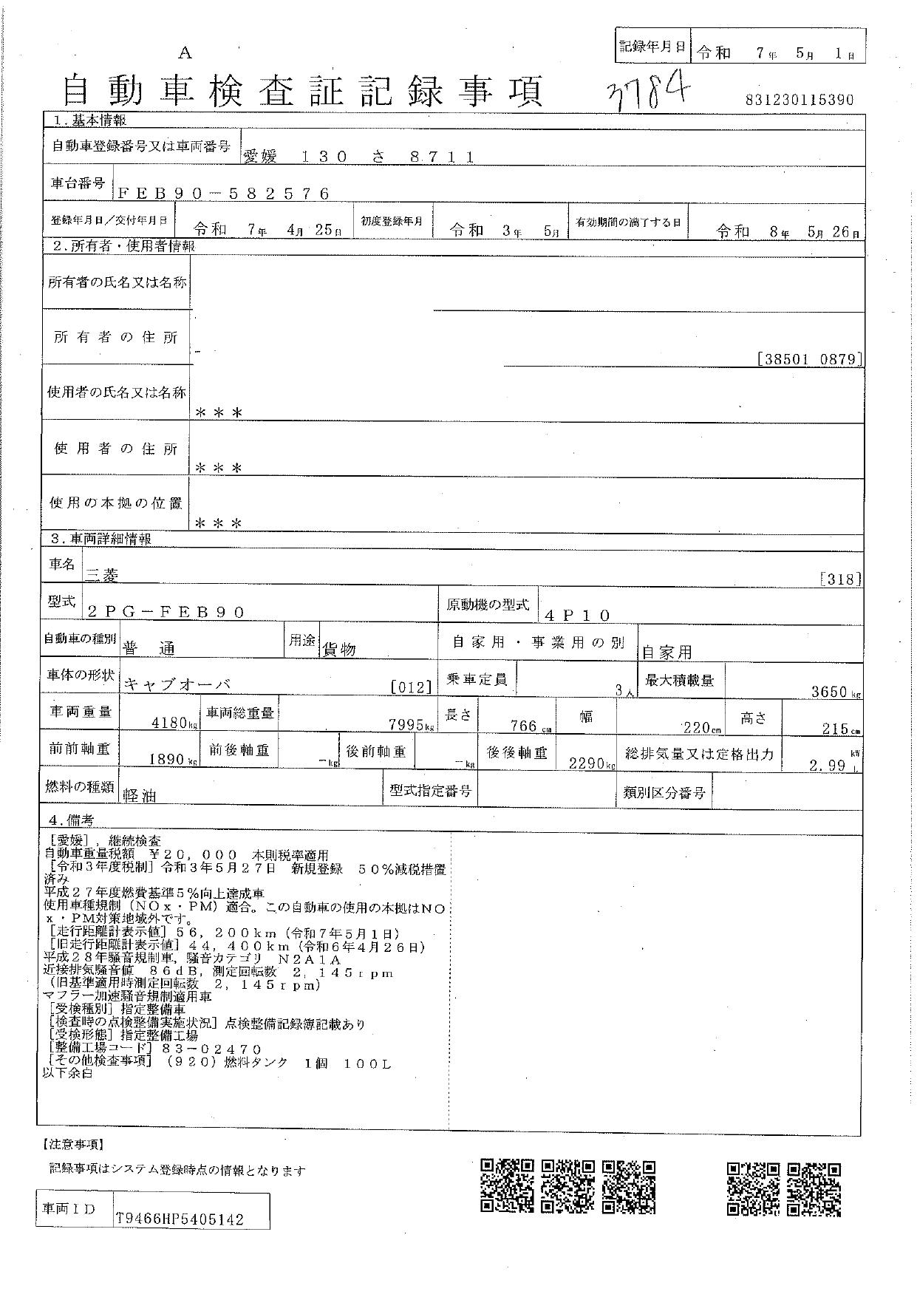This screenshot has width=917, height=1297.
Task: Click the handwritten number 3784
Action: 649,91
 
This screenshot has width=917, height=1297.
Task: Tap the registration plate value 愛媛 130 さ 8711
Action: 358,157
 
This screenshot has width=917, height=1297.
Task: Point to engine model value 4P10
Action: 577,615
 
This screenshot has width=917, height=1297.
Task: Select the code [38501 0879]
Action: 810,359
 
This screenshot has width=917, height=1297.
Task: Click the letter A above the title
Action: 185,52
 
